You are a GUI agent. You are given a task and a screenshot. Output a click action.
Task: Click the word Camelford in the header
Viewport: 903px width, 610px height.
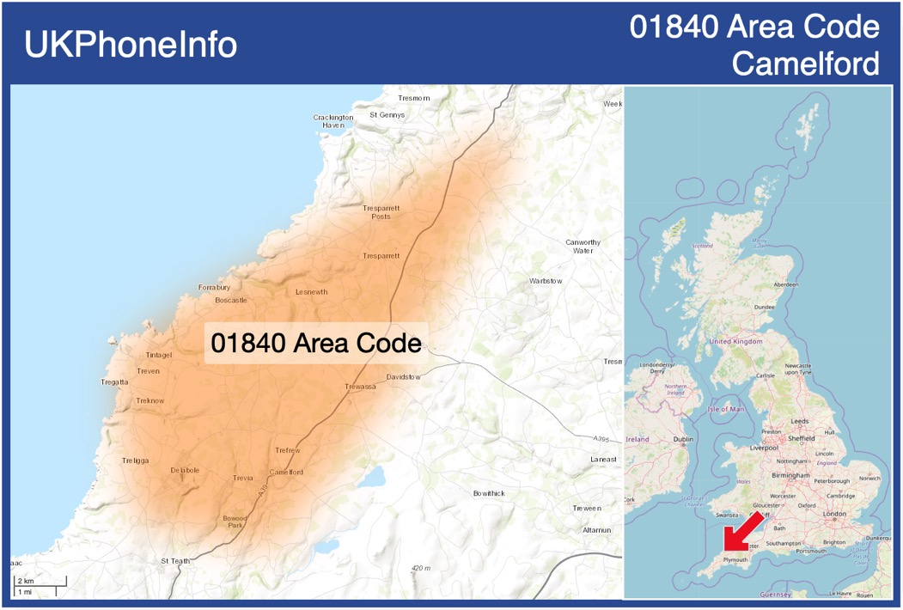pyautogui.click(x=807, y=64)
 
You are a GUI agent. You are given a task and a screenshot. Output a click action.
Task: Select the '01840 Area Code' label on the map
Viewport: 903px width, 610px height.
pyautogui.click(x=316, y=343)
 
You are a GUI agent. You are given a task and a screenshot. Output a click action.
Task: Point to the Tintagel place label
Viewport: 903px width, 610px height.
pyautogui.click(x=159, y=355)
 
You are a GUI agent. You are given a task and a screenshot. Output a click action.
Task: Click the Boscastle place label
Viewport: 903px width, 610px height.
pyautogui.click(x=231, y=301)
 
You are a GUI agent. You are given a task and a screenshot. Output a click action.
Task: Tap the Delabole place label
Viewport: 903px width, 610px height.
pyautogui.click(x=185, y=471)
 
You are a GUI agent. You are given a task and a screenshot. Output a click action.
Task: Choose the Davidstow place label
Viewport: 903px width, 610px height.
pyautogui.click(x=404, y=377)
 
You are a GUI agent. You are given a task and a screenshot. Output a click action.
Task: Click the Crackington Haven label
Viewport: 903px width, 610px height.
pyautogui.click(x=333, y=121)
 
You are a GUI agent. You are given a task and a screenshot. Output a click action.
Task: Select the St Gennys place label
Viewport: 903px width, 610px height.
pyautogui.click(x=387, y=114)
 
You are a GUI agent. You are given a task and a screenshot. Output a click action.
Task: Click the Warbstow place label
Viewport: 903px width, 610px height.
pyautogui.click(x=546, y=281)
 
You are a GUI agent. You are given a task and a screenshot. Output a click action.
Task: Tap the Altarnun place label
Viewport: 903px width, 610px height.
pyautogui.click(x=596, y=530)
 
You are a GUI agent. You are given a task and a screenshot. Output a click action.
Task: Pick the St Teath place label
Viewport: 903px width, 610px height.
pyautogui.click(x=176, y=561)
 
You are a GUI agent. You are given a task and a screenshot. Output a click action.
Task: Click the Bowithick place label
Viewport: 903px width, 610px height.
pyautogui.click(x=489, y=493)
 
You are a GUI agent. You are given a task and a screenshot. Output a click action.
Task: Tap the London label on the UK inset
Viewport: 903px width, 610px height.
pyautogui.click(x=834, y=514)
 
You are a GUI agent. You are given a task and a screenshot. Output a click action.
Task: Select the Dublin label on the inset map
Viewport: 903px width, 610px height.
pyautogui.click(x=684, y=439)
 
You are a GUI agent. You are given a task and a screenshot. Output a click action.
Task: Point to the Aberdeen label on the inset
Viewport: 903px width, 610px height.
pyautogui.click(x=786, y=284)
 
